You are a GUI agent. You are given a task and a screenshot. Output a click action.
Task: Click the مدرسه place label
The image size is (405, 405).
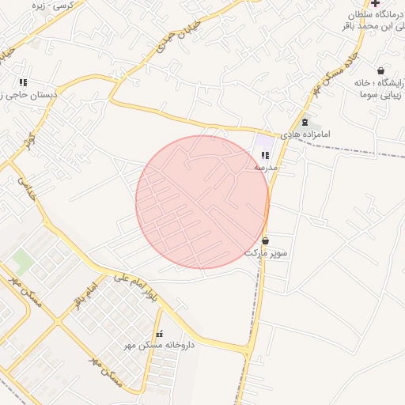coord(265,168)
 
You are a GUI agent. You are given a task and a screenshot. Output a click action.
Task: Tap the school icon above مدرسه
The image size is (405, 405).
coord(264,155)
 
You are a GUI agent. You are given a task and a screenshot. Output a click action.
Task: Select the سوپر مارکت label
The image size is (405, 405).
coord(266,253)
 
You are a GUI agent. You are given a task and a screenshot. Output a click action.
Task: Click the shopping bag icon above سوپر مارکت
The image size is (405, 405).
coord(264,240)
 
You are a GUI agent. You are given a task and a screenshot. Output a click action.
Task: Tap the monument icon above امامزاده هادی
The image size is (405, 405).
coord(305,122)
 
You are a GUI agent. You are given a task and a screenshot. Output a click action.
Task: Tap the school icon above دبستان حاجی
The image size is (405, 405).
coord(23,82)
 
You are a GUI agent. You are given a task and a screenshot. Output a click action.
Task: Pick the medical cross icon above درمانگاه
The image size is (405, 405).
coord(375,3)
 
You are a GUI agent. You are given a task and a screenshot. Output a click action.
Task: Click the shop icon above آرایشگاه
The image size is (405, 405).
coord(381,70)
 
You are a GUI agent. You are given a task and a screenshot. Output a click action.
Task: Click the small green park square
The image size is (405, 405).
coord(22,259)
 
